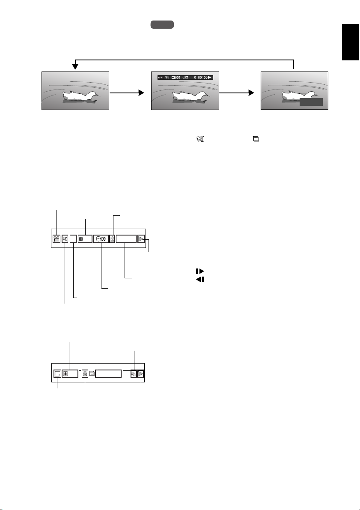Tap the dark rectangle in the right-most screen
point(311,102)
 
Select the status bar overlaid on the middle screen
point(185,78)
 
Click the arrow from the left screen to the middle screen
point(126,92)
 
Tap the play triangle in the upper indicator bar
point(141,239)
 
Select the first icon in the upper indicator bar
point(56,239)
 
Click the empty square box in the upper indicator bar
point(73,239)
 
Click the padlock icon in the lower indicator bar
point(85,373)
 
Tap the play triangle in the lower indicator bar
point(140,373)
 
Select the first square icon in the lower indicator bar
point(57,373)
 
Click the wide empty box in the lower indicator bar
point(108,373)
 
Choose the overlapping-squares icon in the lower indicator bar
point(133,373)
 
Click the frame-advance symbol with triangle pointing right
point(200,271)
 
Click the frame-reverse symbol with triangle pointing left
point(200,279)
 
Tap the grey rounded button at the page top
point(162,25)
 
